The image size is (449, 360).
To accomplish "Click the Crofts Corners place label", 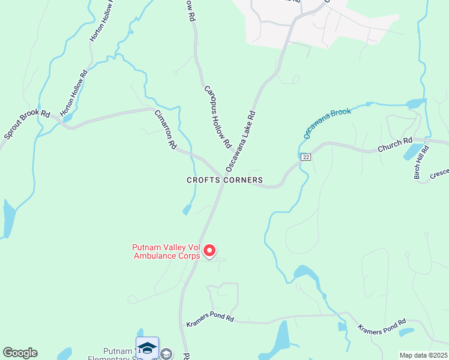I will pyautogui.click(x=224, y=180).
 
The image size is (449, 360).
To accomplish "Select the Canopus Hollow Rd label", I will pyautogui.click(x=217, y=117).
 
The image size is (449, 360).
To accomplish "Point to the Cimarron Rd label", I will pyautogui.click(x=165, y=130).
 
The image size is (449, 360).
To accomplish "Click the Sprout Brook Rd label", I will pyautogui.click(x=27, y=124).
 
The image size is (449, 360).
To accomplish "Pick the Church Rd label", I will pyautogui.click(x=395, y=145).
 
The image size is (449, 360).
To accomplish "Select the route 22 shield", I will pyautogui.click(x=306, y=157).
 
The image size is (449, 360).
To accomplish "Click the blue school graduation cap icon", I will pyautogui.click(x=147, y=347).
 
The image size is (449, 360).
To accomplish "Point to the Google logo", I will pyautogui.click(x=20, y=353).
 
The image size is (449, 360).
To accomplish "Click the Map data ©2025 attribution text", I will pyautogui.click(x=423, y=355).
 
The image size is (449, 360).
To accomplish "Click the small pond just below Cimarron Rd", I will pyautogui.click(x=187, y=209).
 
